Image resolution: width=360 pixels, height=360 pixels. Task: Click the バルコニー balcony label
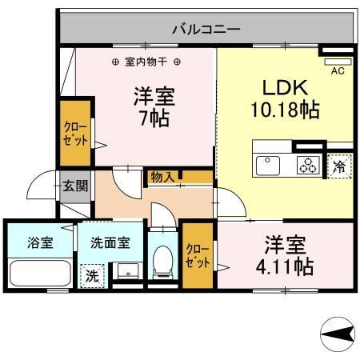click(x=206, y=30)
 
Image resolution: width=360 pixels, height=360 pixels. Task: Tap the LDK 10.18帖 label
click(x=286, y=98)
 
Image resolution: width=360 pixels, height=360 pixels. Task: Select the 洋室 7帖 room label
click(x=154, y=106)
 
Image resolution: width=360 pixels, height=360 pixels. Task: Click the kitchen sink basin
click(x=266, y=166)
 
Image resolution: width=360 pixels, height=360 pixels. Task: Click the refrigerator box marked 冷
click(x=339, y=166)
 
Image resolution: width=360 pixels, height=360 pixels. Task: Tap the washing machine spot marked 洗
click(x=92, y=276)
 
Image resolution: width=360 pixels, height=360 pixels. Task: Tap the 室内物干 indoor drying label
click(x=146, y=62)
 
